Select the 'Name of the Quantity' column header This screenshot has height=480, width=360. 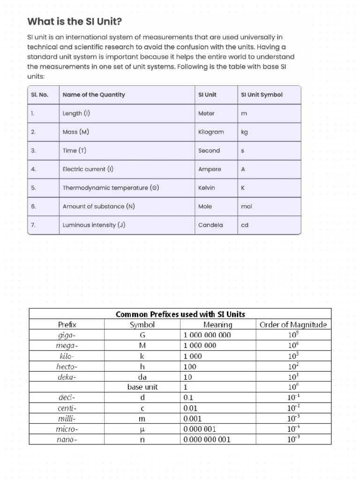click(94, 95)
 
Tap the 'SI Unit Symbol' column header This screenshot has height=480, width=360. click(262, 95)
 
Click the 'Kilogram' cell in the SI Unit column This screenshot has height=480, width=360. click(211, 132)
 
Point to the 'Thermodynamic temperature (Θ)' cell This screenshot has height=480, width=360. click(111, 188)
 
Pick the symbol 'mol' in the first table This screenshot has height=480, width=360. click(246, 206)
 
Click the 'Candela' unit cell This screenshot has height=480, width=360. click(210, 225)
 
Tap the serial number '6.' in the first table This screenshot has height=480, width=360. click(33, 206)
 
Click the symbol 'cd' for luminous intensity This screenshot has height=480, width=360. click(244, 225)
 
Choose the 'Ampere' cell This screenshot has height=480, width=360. click(210, 169)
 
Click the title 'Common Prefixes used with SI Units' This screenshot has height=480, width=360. click(180, 314)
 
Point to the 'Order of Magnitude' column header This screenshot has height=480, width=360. click(293, 324)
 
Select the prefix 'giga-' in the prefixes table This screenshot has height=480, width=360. click(67, 335)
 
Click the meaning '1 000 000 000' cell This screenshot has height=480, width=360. click(207, 335)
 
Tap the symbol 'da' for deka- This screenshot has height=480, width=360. click(142, 376)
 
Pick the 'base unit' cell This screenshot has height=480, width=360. click(142, 387)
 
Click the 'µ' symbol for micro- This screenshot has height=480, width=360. click(142, 429)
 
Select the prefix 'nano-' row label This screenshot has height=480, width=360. click(67, 439)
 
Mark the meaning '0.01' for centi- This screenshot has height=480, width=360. click(190, 408)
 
